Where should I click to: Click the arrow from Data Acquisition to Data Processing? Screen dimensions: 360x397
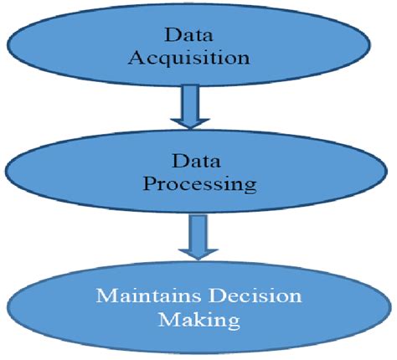click(194, 107)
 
